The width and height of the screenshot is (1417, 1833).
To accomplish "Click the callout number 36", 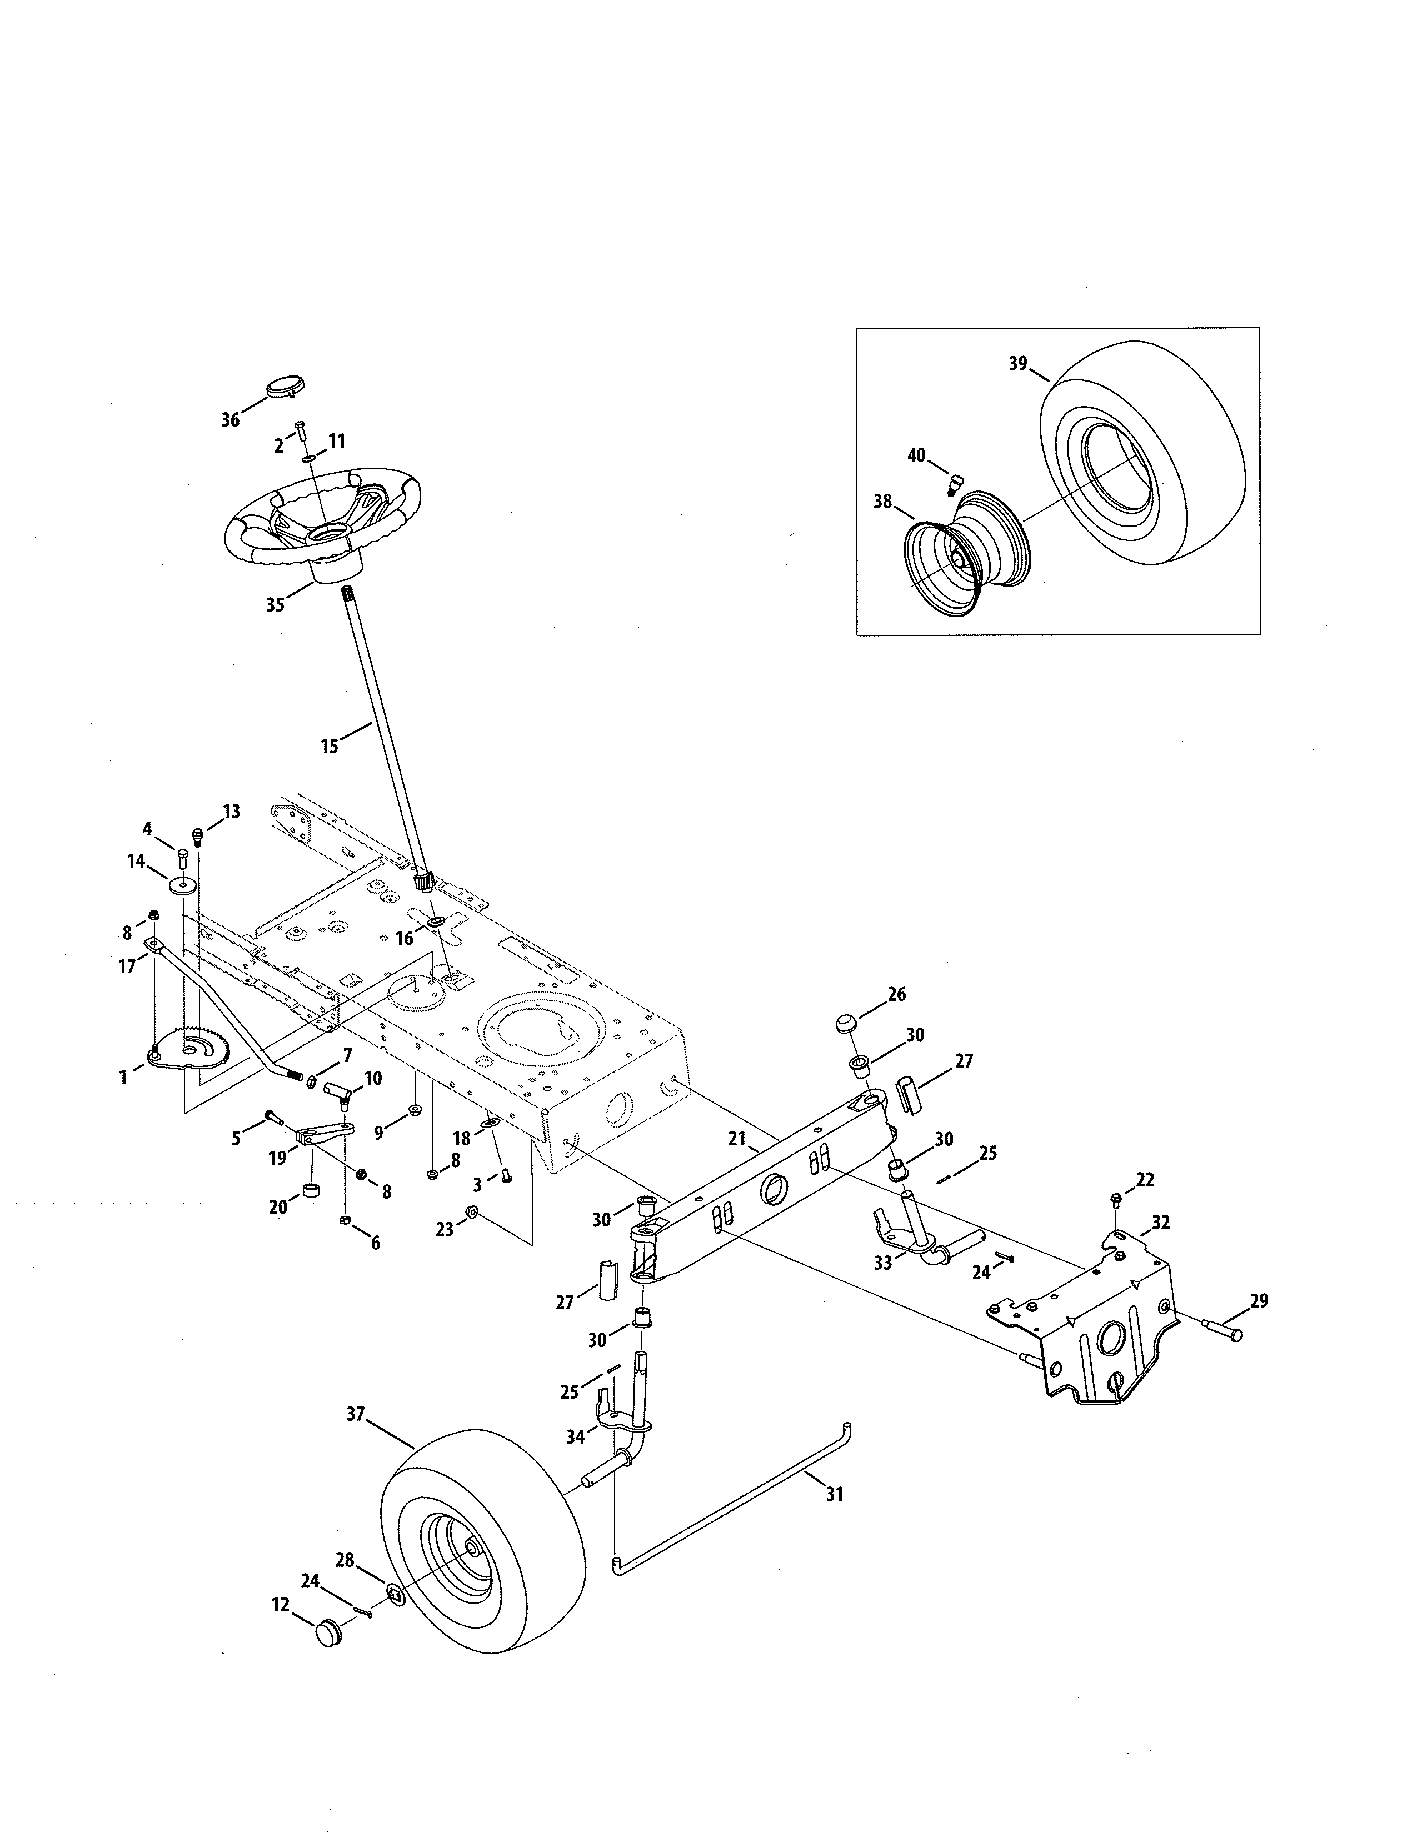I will (x=231, y=419).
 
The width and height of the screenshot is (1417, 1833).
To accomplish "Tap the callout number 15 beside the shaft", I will (x=330, y=745).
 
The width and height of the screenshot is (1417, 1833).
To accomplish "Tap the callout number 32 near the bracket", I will (x=1160, y=1223).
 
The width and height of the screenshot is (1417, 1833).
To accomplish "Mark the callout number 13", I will (x=232, y=811).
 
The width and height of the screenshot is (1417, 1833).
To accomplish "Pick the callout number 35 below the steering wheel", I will (x=275, y=605).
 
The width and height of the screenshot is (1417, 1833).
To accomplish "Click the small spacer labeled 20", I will (x=310, y=1192).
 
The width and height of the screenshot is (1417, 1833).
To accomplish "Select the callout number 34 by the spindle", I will (x=575, y=1437).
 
